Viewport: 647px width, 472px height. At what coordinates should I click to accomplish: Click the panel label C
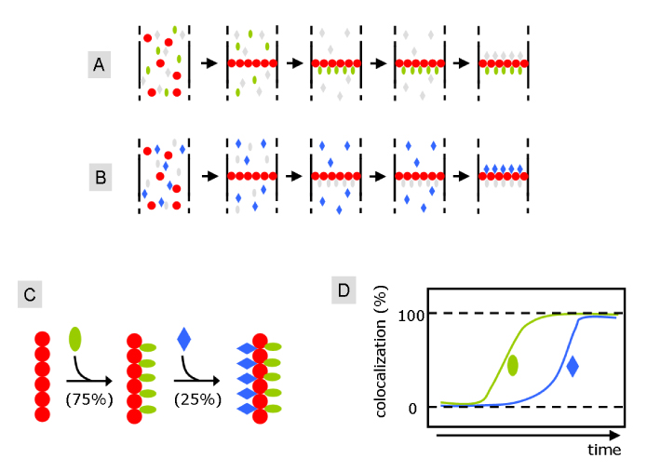click(x=31, y=296)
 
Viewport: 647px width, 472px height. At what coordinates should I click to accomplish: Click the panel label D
click(x=345, y=291)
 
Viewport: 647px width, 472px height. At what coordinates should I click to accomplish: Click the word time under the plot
click(x=603, y=450)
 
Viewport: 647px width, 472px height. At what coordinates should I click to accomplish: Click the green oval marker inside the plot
click(x=512, y=365)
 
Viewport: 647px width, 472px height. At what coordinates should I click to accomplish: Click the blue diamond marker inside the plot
click(x=573, y=367)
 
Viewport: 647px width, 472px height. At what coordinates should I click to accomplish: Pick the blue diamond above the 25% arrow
click(x=183, y=339)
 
